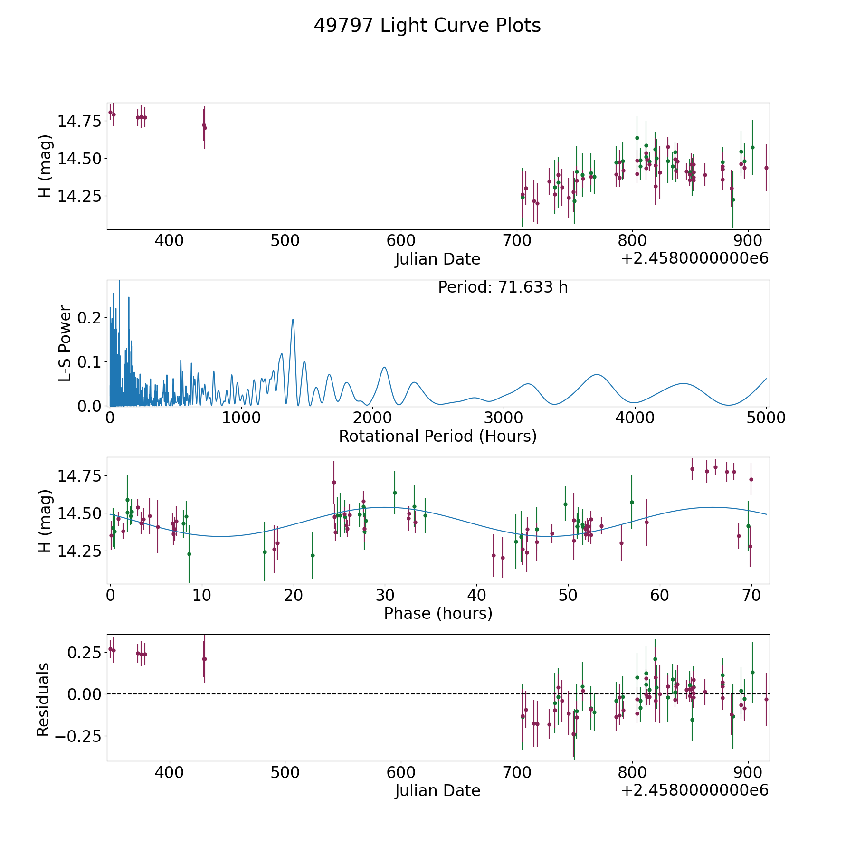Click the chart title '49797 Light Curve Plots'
(427, 26)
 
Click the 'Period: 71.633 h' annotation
(503, 287)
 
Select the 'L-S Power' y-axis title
(65, 343)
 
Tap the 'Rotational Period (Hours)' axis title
(437, 436)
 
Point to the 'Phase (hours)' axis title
(438, 613)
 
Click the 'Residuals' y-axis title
(43, 700)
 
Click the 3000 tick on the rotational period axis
(503, 418)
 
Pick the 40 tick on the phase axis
(476, 595)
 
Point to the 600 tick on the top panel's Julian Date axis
(400, 240)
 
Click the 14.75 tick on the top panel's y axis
(80, 121)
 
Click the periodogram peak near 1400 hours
(293, 319)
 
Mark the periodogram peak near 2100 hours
(384, 367)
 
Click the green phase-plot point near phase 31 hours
(395, 493)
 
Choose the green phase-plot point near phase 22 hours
(313, 555)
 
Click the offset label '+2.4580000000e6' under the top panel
(695, 258)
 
